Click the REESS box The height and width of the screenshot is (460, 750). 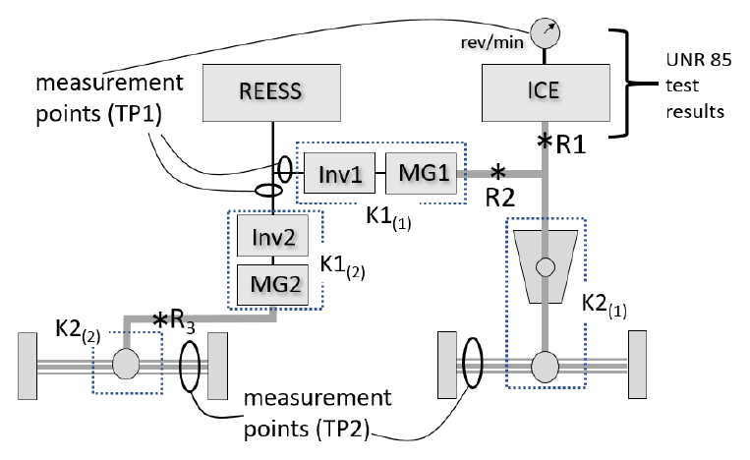[x=271, y=92]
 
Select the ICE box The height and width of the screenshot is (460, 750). [x=546, y=92]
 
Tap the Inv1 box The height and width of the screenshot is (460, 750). [x=339, y=173]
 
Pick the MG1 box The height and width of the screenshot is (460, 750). [x=422, y=173]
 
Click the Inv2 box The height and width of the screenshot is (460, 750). [x=272, y=236]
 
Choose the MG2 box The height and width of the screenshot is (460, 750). [x=272, y=285]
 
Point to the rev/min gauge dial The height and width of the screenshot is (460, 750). [x=545, y=33]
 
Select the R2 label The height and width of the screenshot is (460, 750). [x=500, y=198]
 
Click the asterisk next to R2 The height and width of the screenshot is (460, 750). [x=498, y=171]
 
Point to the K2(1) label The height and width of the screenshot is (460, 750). [x=605, y=305]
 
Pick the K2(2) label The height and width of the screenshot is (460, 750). [x=78, y=331]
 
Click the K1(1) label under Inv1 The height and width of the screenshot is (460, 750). [x=388, y=218]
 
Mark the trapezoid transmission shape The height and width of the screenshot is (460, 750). [x=546, y=266]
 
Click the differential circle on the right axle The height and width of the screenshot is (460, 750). [x=545, y=367]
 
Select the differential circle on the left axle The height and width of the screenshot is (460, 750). [x=126, y=364]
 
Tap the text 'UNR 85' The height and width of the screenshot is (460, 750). [x=698, y=60]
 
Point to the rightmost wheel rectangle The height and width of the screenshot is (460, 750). [x=637, y=365]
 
